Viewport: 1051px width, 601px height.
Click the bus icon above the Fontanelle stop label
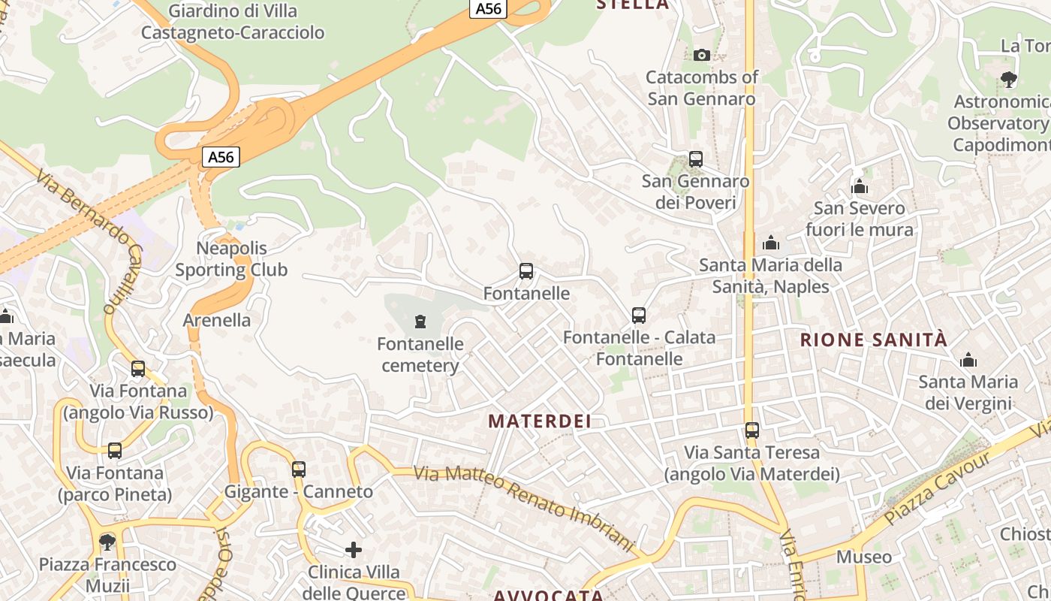tap(526, 271)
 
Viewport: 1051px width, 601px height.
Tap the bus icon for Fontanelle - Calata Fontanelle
tap(639, 316)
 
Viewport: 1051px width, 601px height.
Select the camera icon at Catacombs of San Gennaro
tap(702, 55)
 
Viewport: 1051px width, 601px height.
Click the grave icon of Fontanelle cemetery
tap(420, 322)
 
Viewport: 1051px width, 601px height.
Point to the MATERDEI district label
tap(540, 421)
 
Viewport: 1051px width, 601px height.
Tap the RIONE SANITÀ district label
tap(874, 340)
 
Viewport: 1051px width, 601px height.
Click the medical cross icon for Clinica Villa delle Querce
tap(354, 550)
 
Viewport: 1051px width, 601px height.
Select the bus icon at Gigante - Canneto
tap(299, 470)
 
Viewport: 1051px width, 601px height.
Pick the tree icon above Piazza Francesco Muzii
tap(107, 542)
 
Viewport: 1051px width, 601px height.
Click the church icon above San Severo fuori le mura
tap(860, 186)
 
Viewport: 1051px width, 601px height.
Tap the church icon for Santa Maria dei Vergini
tap(968, 360)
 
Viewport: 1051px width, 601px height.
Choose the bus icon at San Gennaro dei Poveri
tap(696, 159)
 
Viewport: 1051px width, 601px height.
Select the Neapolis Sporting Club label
tap(231, 259)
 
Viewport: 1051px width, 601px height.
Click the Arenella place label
tap(217, 320)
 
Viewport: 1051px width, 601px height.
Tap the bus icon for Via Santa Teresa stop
tap(752, 430)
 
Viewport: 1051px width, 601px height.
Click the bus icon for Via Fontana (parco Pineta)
tap(115, 451)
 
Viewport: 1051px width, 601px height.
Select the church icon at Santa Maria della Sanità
tap(771, 243)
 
